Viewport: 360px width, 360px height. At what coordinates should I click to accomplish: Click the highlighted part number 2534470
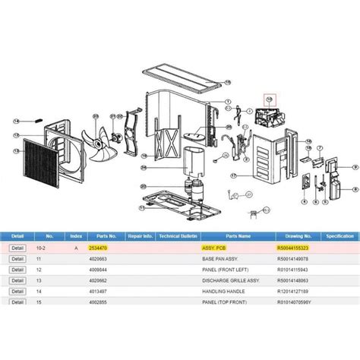[x=99, y=248]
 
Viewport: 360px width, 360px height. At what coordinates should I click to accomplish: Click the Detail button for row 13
[x=17, y=279]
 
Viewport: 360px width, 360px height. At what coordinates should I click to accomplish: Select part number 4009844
[x=100, y=270]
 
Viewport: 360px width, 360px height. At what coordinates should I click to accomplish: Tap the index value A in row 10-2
[x=74, y=248]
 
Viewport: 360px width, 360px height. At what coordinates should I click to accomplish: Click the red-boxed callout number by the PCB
[x=267, y=99]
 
